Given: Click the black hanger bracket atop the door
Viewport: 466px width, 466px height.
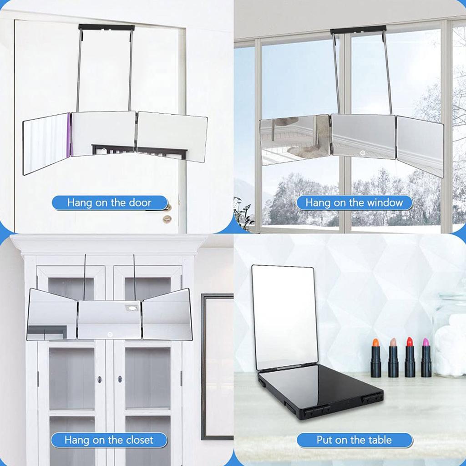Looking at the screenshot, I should [x=106, y=27].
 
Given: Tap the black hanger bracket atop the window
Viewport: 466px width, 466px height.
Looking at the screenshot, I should [x=358, y=30].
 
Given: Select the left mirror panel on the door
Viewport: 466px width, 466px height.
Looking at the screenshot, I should [x=46, y=142].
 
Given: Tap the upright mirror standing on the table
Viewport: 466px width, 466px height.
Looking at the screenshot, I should [x=284, y=316].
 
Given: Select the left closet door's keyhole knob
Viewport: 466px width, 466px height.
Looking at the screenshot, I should [x=99, y=379].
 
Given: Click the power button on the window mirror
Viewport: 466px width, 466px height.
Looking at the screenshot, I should [x=363, y=153].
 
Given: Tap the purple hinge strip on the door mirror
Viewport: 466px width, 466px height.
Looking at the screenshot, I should [x=69, y=135].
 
